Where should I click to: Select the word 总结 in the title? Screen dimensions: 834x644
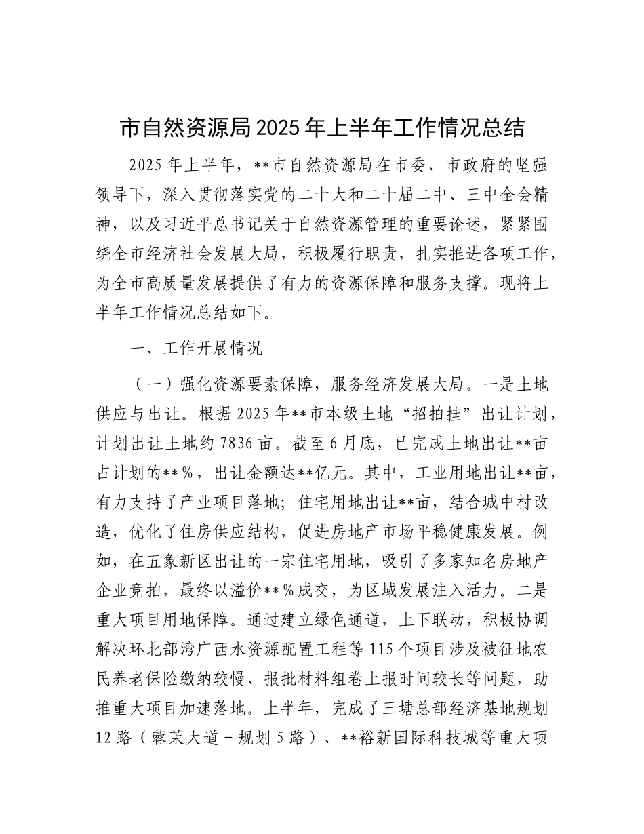(504, 127)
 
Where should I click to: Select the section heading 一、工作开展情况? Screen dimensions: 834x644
(197, 349)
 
